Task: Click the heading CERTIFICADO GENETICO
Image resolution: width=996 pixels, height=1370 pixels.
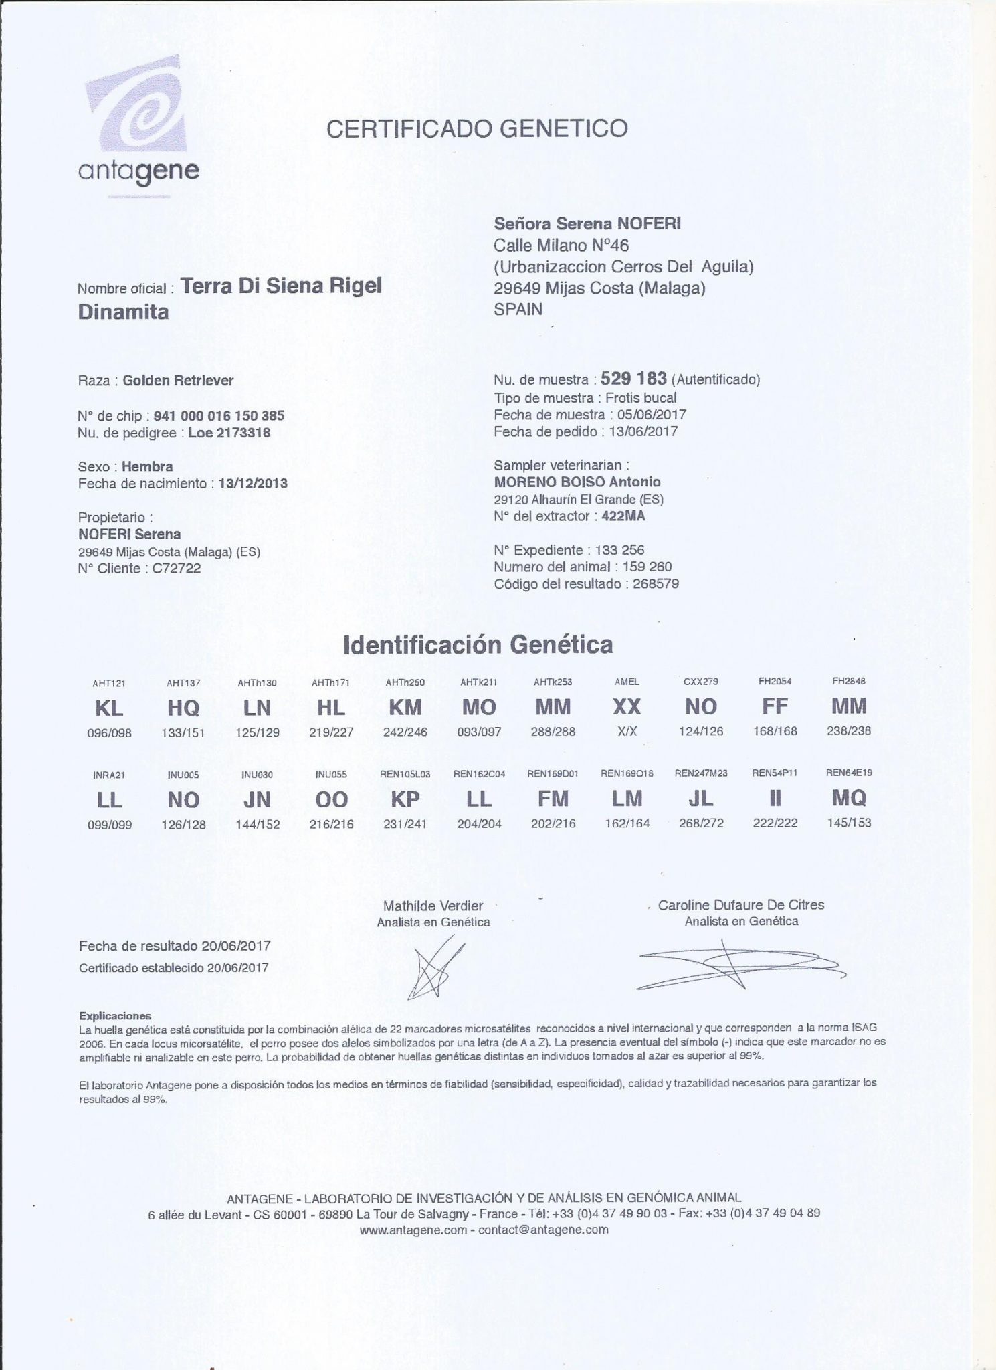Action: click(477, 128)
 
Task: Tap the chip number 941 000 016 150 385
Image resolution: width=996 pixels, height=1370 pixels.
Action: click(219, 415)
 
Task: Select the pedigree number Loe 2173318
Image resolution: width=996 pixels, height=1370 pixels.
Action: click(229, 433)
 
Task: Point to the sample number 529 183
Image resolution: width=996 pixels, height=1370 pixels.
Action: click(633, 379)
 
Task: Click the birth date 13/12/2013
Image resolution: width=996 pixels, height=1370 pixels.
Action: click(253, 483)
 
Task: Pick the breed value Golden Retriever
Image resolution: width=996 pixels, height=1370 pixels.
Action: click(179, 381)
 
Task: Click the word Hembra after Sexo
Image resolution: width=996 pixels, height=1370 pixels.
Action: click(147, 466)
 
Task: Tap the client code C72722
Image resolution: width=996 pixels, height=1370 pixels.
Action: click(177, 569)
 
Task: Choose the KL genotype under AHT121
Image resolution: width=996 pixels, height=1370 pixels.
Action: click(109, 708)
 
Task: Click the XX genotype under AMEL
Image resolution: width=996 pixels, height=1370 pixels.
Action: click(627, 706)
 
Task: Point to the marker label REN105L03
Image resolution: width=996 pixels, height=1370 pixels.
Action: click(405, 774)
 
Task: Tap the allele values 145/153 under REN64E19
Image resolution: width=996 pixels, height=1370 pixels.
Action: click(849, 823)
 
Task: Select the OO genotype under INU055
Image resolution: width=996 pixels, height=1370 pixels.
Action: click(331, 799)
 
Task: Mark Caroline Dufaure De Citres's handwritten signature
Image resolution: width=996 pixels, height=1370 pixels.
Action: click(739, 964)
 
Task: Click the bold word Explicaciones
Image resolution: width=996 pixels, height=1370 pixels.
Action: click(115, 1015)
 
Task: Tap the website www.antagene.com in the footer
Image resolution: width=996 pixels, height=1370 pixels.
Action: click(413, 1230)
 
